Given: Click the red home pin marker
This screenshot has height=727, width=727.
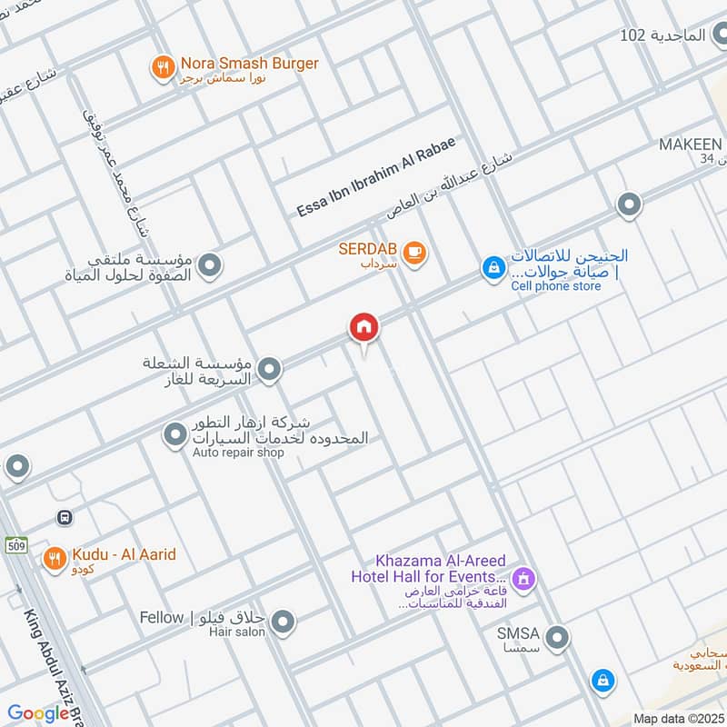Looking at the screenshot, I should click(364, 327).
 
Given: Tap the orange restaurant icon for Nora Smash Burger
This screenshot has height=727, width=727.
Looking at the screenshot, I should click(163, 66).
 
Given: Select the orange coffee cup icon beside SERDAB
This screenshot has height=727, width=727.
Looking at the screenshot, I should click(414, 253).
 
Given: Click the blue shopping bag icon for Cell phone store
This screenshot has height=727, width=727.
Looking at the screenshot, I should click(493, 268).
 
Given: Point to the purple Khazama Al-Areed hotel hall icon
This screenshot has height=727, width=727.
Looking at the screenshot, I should click(523, 577).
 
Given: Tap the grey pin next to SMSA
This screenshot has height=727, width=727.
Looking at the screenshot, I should click(558, 636).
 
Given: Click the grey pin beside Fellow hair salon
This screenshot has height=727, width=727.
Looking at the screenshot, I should click(284, 622).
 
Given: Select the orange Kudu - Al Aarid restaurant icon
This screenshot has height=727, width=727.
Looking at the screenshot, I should click(55, 557).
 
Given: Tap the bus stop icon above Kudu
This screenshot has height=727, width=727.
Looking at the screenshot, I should click(65, 517).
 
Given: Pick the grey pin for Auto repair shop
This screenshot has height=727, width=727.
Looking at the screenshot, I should click(174, 435).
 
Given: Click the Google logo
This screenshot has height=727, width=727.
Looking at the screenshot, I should click(39, 713).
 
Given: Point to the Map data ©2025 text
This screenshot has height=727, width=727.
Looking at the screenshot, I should click(676, 718).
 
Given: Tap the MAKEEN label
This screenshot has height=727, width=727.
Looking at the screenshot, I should click(691, 145).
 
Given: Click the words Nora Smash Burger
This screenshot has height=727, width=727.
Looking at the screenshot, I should click(249, 64).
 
